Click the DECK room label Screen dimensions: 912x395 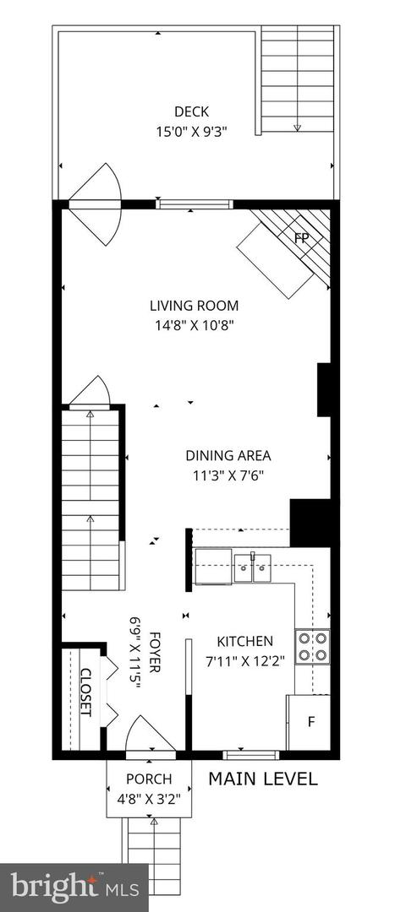pyautogui.click(x=191, y=111)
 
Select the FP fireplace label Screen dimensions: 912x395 pyautogui.click(x=301, y=237)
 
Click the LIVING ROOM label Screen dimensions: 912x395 pyautogui.click(x=195, y=306)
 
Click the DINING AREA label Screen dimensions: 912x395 pyautogui.click(x=228, y=456)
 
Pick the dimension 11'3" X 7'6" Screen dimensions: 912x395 pyautogui.click(x=228, y=475)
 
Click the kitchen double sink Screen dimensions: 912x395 pyautogui.click(x=251, y=568)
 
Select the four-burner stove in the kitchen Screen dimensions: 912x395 pyautogui.click(x=311, y=646)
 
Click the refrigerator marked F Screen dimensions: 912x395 pyautogui.click(x=310, y=722)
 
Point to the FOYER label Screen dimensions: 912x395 pyautogui.click(x=156, y=652)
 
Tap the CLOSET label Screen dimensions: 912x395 pyautogui.click(x=85, y=692)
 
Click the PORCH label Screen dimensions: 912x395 pyautogui.click(x=149, y=779)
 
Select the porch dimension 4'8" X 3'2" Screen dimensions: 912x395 pyautogui.click(x=149, y=796)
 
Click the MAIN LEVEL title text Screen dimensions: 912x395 pyautogui.click(x=263, y=779)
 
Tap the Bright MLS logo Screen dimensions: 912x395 pyautogui.click(x=74, y=887)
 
